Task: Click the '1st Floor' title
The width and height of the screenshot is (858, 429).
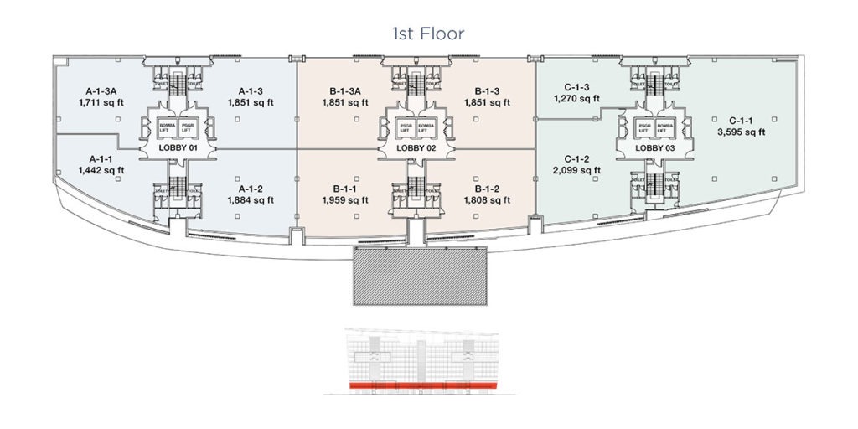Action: [428, 34]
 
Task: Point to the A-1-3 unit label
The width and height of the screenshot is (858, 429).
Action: [251, 91]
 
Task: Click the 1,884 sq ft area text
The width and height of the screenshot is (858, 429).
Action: [251, 201]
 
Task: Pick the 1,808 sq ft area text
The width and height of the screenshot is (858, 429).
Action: [487, 201]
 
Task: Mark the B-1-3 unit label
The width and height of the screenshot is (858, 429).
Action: [487, 91]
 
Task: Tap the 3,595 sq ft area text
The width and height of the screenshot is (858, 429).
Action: [741, 132]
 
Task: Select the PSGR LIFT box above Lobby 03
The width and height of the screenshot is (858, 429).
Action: [643, 127]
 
